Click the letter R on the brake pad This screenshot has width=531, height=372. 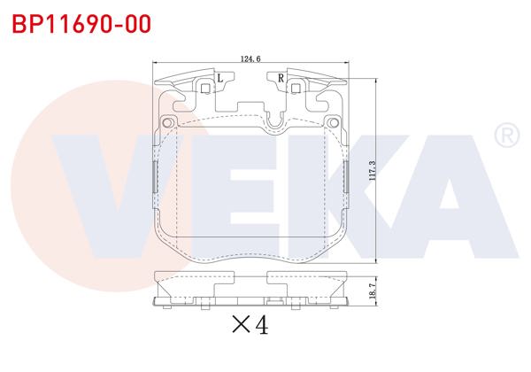click(281, 79)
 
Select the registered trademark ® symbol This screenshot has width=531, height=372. click(504, 136)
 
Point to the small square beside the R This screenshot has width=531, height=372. click(294, 87)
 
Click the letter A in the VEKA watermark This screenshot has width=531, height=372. click(442, 190)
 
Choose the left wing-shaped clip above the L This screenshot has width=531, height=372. click(181, 77)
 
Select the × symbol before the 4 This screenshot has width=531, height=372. click(240, 326)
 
